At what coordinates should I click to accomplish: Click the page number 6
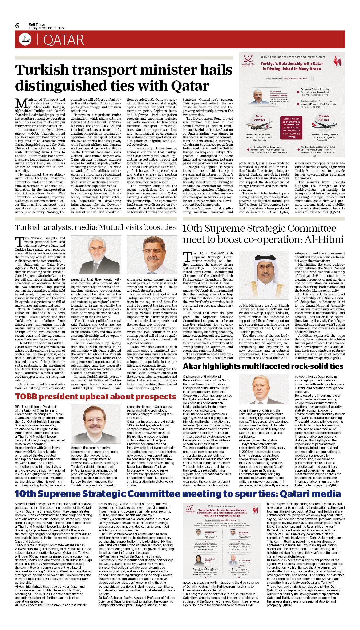pos(17,26)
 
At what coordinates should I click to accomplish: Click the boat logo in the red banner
pos(25,39)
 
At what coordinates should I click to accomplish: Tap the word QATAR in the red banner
pos(63,40)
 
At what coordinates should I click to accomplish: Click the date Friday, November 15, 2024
pos(47,28)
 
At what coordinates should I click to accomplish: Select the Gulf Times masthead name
pos(37,25)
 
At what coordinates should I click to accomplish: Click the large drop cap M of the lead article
pos(21,103)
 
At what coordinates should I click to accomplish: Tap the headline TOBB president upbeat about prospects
pos(95,397)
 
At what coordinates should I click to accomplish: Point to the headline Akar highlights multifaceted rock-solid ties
pos(263,367)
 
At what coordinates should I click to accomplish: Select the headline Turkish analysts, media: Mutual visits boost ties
pos(95,227)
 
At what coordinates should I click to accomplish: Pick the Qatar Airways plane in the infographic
pos(257,125)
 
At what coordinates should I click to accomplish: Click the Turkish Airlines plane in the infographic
pos(324,125)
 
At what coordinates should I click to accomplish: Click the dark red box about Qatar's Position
pos(291,128)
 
